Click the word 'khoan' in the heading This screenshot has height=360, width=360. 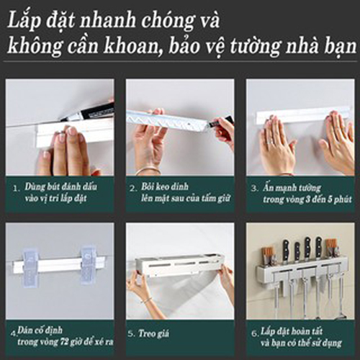(x=130, y=46)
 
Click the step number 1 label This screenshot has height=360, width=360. (x=16, y=189)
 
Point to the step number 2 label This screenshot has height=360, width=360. (x=133, y=189)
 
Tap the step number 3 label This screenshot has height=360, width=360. (x=255, y=189)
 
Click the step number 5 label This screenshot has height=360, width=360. (x=131, y=334)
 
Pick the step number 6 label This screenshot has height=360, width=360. (x=255, y=333)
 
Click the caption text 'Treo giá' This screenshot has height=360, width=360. (x=154, y=334)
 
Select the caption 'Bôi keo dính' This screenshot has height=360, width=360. (x=165, y=187)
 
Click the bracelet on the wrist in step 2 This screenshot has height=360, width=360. (x=148, y=171)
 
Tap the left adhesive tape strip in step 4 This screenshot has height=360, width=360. (x=30, y=266)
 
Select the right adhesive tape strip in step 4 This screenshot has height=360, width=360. (x=89, y=265)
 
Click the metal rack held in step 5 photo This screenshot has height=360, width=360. (x=179, y=266)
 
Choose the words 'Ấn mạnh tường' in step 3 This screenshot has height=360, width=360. (x=292, y=188)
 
